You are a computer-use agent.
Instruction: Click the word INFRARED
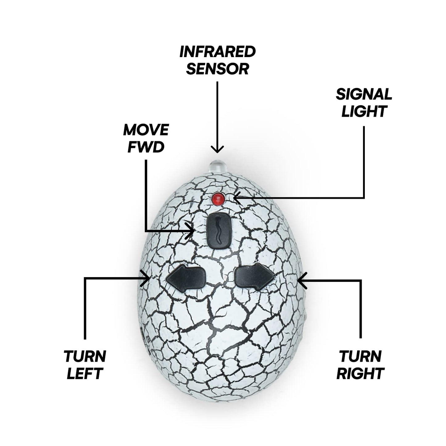[218, 52]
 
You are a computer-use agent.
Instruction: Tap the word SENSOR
[218, 69]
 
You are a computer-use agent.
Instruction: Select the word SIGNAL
[364, 94]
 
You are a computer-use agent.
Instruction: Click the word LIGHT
[364, 111]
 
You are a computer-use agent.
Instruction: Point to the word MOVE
[146, 130]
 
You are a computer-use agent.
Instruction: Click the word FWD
[146, 147]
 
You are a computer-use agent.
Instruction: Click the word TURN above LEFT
[85, 356]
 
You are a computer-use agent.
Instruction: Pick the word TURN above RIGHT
[361, 356]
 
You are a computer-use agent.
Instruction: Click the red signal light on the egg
[218, 198]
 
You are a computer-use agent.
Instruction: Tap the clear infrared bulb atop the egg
[217, 167]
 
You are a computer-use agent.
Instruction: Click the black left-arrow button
[186, 278]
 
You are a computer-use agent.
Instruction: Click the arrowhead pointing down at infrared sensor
[217, 150]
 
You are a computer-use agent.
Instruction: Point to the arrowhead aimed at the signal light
[236, 198]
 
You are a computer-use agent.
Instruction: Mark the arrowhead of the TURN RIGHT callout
[301, 280]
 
